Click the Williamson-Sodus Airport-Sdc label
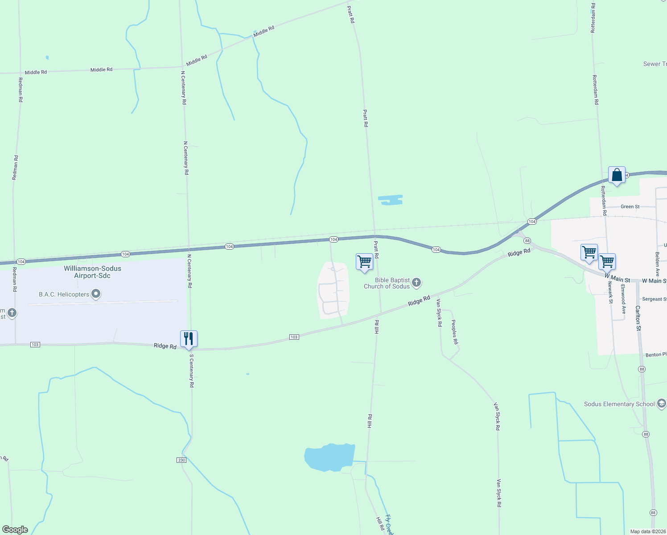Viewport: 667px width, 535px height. click(x=92, y=272)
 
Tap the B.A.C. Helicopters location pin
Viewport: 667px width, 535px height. click(x=96, y=294)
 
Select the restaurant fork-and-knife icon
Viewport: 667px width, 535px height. click(x=189, y=339)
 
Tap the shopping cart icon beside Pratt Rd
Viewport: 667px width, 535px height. click(x=364, y=262)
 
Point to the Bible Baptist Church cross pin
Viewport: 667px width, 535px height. click(x=416, y=282)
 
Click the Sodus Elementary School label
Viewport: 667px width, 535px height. click(x=619, y=404)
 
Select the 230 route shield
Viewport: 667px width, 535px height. click(x=181, y=460)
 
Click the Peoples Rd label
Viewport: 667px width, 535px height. click(x=455, y=332)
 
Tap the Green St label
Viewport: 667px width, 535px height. click(x=630, y=206)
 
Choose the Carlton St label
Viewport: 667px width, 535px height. click(x=638, y=318)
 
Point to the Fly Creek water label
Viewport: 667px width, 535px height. click(x=389, y=525)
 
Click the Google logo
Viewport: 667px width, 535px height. click(x=15, y=530)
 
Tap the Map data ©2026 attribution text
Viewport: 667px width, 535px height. click(x=647, y=531)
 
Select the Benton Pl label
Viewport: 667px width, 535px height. click(x=656, y=355)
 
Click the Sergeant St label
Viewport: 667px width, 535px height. click(x=654, y=299)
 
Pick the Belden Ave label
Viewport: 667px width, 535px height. click(x=657, y=264)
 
